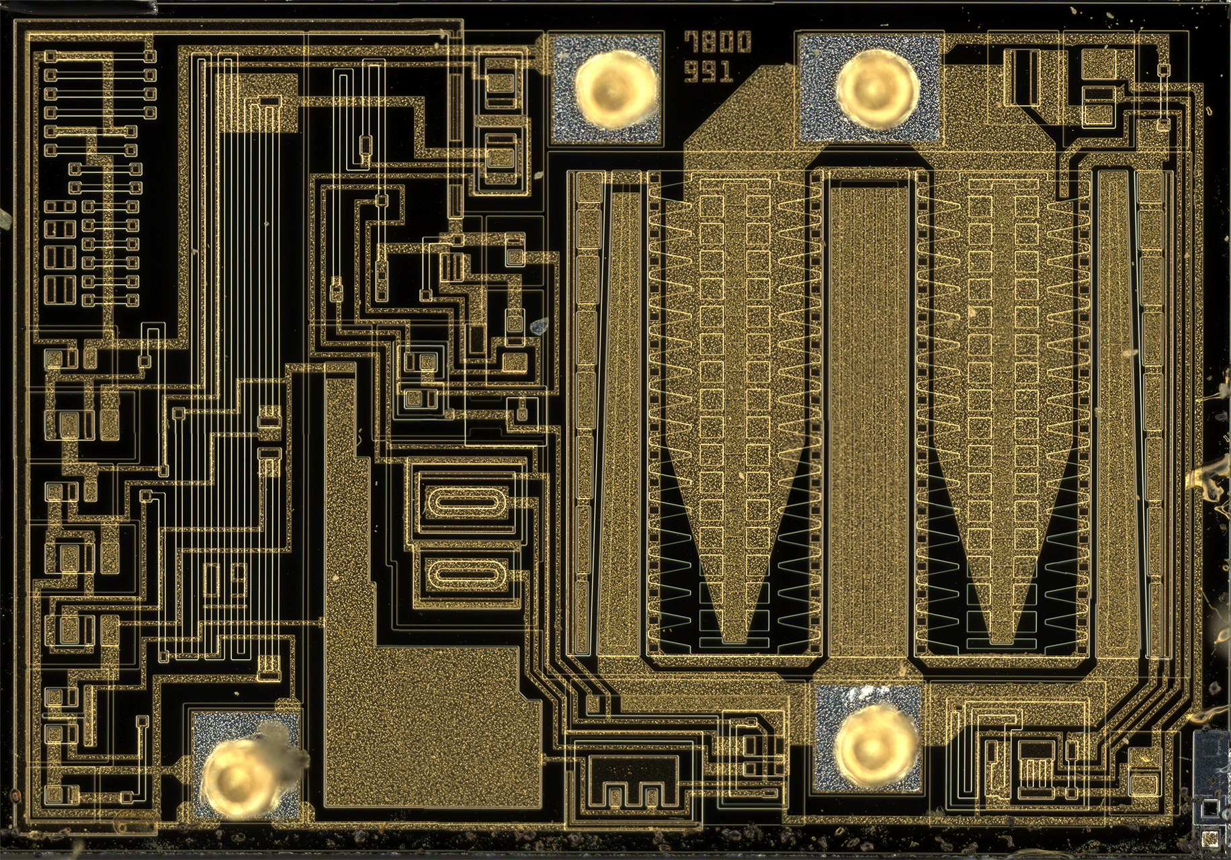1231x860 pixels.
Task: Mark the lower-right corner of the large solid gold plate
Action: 541,806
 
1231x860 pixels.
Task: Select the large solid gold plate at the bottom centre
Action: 430,726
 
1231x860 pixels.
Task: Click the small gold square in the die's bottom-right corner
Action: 1209,837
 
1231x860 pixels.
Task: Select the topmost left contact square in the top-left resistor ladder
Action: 50,56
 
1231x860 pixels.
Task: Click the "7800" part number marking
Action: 718,42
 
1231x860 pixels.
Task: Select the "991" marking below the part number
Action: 709,71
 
